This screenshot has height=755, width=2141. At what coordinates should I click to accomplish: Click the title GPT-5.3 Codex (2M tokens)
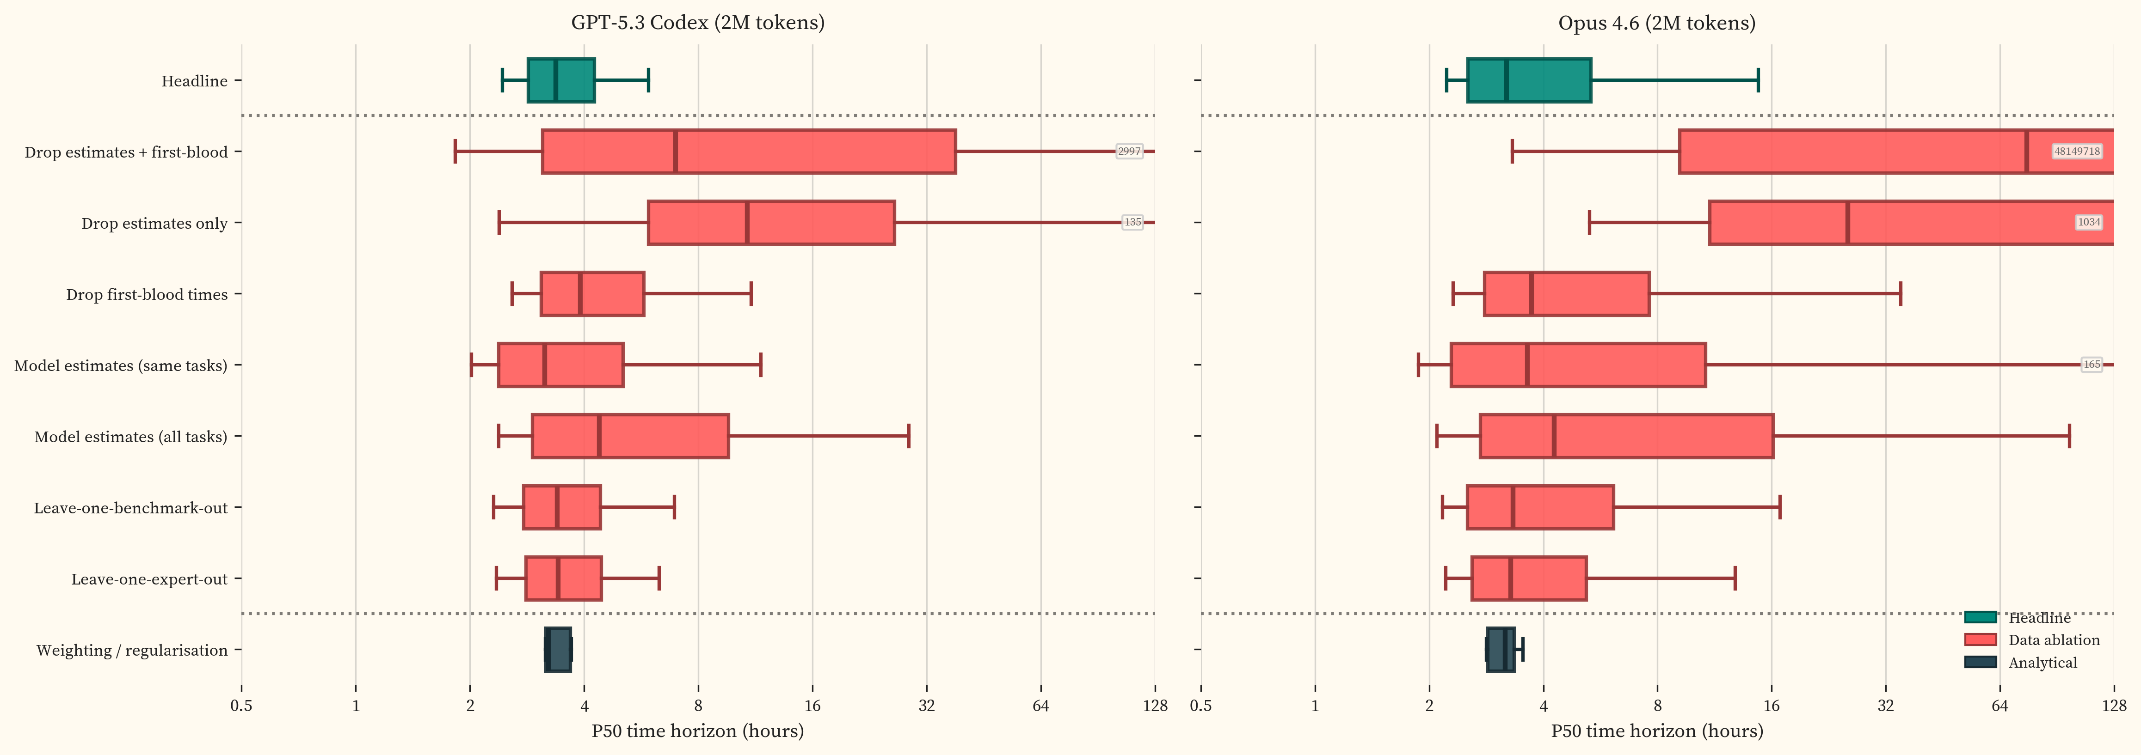point(697,23)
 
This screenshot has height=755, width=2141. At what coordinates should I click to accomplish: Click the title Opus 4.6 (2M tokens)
point(1656,23)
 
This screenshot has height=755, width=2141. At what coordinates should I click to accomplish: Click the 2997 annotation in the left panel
point(1129,151)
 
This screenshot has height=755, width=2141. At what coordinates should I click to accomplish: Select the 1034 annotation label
point(2089,222)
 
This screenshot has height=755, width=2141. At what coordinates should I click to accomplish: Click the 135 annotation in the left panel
point(1132,222)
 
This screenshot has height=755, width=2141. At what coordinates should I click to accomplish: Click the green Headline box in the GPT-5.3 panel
point(561,80)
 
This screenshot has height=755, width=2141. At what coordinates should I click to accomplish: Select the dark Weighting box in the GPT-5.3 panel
point(558,650)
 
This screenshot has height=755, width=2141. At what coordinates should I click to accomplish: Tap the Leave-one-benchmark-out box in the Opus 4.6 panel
point(1539,507)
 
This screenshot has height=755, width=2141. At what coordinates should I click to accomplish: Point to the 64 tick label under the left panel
point(1040,706)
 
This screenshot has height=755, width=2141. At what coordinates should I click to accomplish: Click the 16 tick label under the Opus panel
point(1771,706)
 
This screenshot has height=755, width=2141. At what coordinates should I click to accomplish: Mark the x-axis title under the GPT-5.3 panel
point(697,731)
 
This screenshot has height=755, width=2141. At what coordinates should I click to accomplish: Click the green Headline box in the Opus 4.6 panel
point(1528,80)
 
